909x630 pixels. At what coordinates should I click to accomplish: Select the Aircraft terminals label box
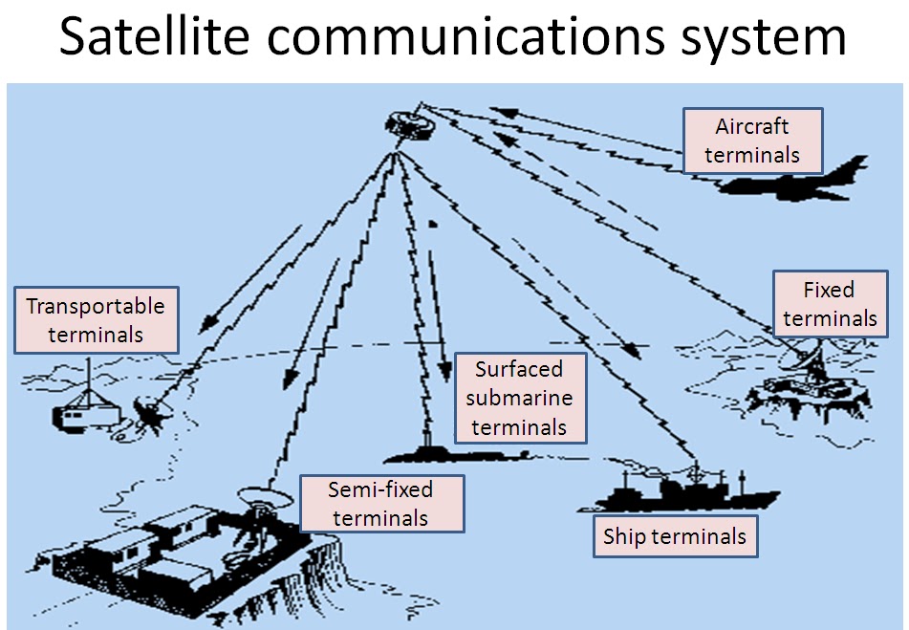(x=751, y=140)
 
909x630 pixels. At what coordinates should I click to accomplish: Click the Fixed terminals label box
(x=828, y=303)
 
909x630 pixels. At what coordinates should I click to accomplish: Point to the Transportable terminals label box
(x=96, y=319)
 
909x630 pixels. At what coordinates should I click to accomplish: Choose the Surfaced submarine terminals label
(x=519, y=398)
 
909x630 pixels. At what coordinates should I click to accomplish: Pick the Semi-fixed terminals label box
(x=380, y=504)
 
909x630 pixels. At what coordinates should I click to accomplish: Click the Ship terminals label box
(x=674, y=536)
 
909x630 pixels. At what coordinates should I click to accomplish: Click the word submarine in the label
(x=519, y=398)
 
